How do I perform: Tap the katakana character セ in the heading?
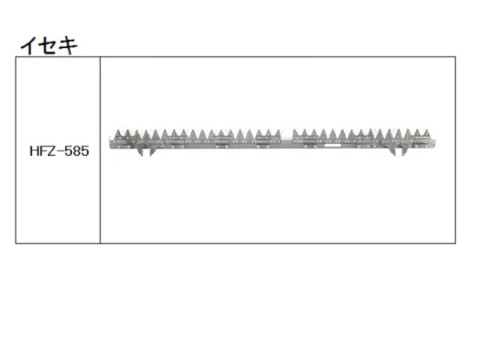(x=47, y=46)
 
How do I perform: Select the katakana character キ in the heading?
(x=68, y=46)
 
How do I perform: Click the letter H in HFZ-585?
(x=34, y=151)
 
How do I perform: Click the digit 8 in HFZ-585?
(x=77, y=151)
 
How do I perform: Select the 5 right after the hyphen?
(x=68, y=151)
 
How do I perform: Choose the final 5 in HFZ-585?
(x=85, y=151)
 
